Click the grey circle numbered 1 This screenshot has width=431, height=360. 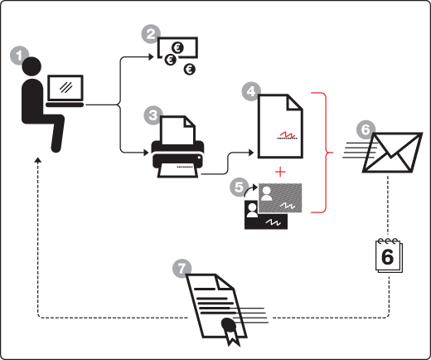click(x=19, y=56)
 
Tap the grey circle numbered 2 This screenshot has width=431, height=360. click(x=151, y=34)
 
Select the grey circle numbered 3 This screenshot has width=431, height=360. click(x=153, y=115)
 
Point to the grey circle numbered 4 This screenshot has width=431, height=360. click(x=251, y=91)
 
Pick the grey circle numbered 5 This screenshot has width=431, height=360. click(x=239, y=187)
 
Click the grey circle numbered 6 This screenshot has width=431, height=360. click(x=366, y=129)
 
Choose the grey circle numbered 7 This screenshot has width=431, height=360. click(x=182, y=269)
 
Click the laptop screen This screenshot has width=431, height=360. click(x=65, y=88)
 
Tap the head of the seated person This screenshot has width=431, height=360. click(x=31, y=66)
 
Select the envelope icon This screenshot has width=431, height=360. click(x=392, y=153)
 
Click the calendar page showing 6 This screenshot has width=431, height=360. click(x=389, y=255)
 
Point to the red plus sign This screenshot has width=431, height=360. click(x=280, y=172)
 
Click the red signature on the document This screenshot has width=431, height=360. click(x=288, y=134)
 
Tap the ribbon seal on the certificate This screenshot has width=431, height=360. click(x=230, y=331)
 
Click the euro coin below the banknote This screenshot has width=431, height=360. click(x=190, y=69)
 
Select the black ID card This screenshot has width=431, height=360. click(x=266, y=215)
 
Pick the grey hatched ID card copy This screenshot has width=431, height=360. click(x=280, y=198)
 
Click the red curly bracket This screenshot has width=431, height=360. click(x=322, y=153)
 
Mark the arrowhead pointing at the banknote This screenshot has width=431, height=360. click(x=151, y=57)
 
